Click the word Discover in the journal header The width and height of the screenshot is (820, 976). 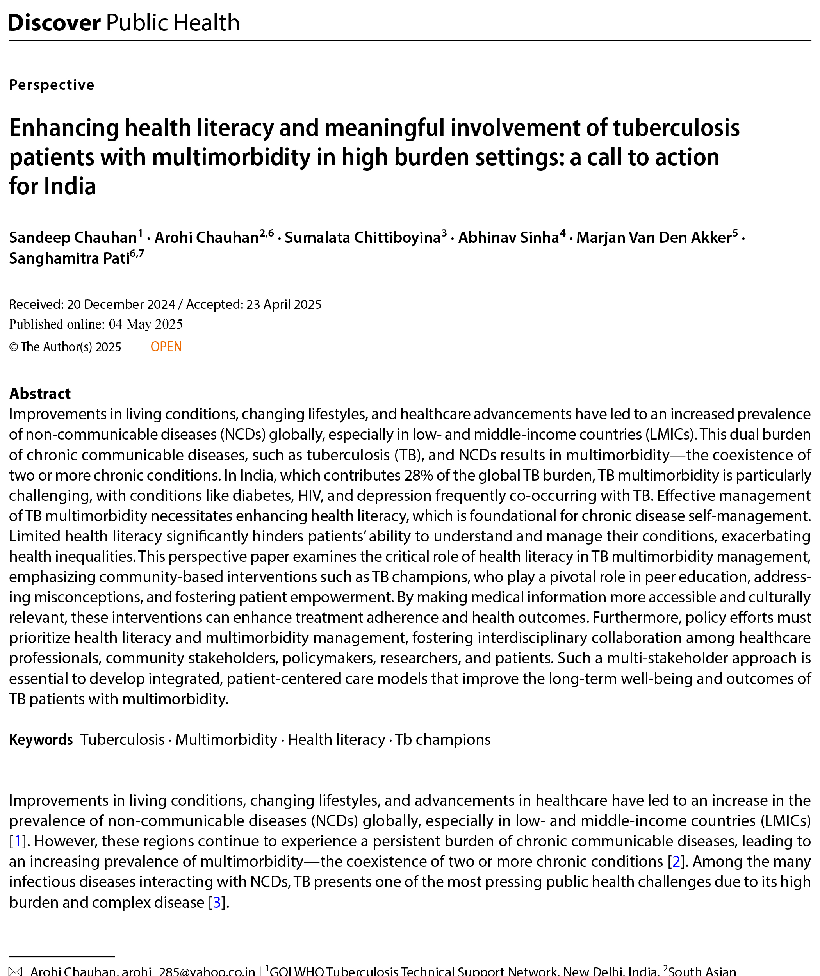click(x=54, y=23)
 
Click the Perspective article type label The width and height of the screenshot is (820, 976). click(x=52, y=85)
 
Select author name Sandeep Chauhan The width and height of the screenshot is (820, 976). click(x=73, y=237)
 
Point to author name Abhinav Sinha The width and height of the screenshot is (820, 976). click(x=508, y=237)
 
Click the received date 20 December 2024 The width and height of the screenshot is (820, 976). click(x=121, y=305)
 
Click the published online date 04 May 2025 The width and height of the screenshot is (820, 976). click(x=146, y=324)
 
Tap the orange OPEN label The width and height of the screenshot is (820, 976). click(x=166, y=347)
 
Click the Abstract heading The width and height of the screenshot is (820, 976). click(x=40, y=394)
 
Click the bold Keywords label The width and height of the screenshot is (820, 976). click(x=41, y=739)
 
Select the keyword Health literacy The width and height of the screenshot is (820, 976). click(x=336, y=739)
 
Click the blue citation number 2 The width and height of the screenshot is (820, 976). click(x=676, y=861)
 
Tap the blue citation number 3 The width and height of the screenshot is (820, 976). click(x=217, y=902)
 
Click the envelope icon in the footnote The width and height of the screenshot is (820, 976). click(x=15, y=971)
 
